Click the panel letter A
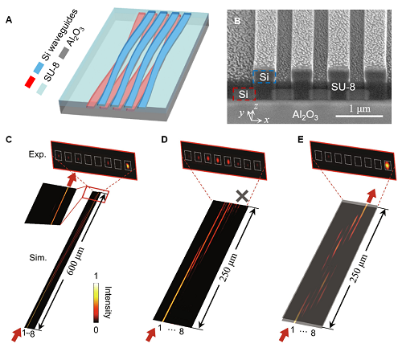coord(9,20)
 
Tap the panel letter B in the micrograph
coord(237,21)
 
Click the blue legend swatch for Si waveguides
coord(39,67)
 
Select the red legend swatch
coord(30,82)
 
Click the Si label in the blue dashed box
coord(264,77)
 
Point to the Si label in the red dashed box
coord(244,94)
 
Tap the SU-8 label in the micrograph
coord(343,87)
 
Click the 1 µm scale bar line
coord(359,116)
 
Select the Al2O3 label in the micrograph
coord(305,115)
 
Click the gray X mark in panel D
coord(243,196)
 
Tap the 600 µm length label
coord(76,261)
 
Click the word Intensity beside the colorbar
coord(108,302)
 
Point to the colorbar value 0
coord(96,329)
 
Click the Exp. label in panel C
coord(38,154)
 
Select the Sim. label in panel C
coord(38,258)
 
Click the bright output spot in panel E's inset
coord(388,166)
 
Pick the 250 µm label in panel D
coord(229,267)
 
